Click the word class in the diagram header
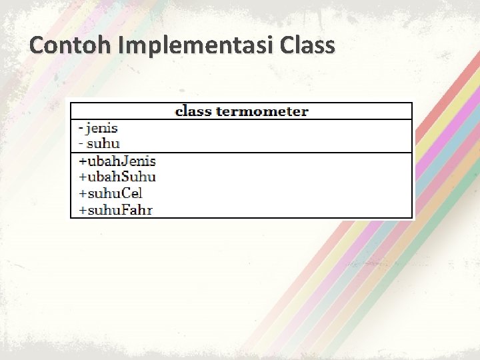tap(193, 111)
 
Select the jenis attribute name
tap(102, 127)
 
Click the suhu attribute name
tap(103, 143)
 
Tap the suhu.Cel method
tap(115, 193)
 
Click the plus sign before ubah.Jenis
tap(83, 161)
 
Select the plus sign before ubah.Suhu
tap(83, 177)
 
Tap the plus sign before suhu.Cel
tap(83, 194)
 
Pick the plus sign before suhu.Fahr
tap(83, 211)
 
